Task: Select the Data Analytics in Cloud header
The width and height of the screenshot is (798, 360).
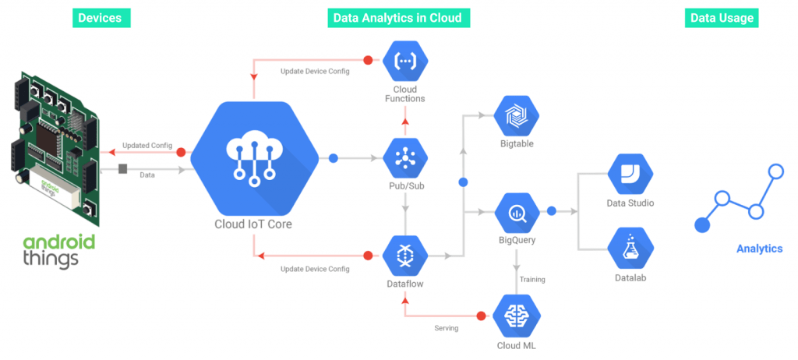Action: pos(397,18)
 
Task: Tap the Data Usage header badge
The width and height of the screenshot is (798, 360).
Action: pos(722,18)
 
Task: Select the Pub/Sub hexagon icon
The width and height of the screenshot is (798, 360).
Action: pos(405,158)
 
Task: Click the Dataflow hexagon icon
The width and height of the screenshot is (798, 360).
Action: pos(405,256)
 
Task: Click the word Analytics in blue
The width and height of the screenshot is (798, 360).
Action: pos(759,249)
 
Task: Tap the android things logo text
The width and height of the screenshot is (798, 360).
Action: pos(59,250)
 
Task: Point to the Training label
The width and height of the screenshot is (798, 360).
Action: pos(532,279)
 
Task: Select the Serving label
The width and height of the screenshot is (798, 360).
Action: pos(446,328)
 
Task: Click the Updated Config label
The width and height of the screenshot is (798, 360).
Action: pos(147,145)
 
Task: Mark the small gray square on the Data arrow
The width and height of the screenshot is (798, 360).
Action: pos(122,168)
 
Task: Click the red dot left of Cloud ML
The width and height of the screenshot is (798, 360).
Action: pos(481,316)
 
